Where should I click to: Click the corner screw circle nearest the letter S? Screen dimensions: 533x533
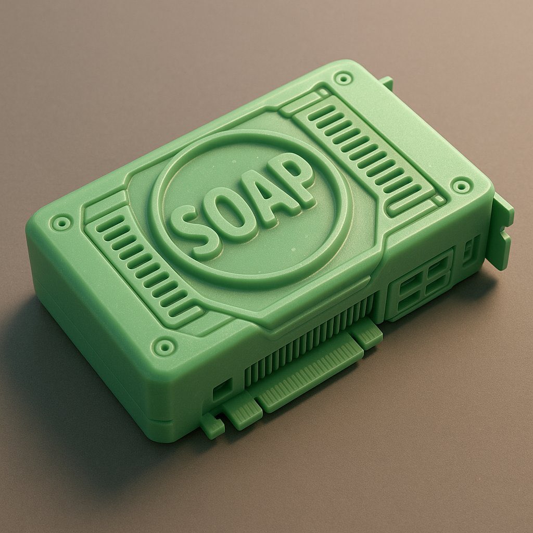point(62,223)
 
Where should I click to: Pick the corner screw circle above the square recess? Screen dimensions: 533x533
point(164,346)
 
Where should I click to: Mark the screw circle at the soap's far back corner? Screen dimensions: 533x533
point(343,79)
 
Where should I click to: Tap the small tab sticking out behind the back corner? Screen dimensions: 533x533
point(386,82)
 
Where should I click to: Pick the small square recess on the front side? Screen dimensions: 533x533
point(222,389)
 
